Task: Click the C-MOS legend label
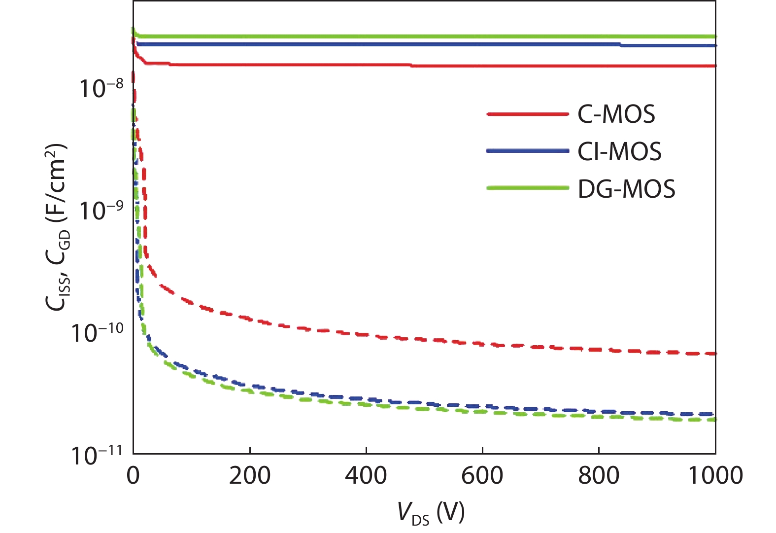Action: click(616, 114)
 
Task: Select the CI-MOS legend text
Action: click(619, 151)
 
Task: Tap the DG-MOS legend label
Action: click(626, 189)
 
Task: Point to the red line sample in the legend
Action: click(527, 114)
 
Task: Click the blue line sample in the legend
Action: click(527, 151)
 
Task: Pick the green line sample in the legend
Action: click(527, 188)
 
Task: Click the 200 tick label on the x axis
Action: click(250, 476)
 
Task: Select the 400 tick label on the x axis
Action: click(366, 476)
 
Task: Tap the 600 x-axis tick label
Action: click(482, 476)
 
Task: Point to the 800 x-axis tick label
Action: click(599, 476)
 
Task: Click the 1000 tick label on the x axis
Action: click(715, 476)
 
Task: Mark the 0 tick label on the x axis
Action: click(133, 476)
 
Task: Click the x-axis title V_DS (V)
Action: click(431, 513)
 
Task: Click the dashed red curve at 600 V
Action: click(482, 344)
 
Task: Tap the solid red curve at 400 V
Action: click(366, 65)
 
